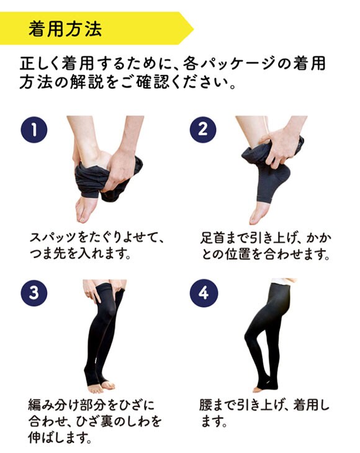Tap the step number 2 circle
(x=203, y=131)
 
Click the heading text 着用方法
(x=65, y=28)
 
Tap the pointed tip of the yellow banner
(x=192, y=28)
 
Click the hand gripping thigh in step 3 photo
(x=92, y=292)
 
